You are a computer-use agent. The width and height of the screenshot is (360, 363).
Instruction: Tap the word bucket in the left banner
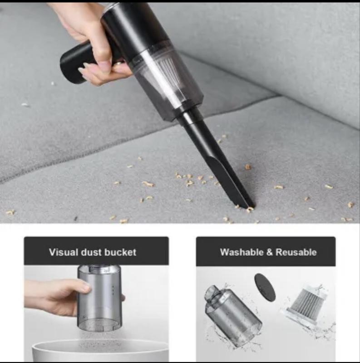point(120,252)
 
